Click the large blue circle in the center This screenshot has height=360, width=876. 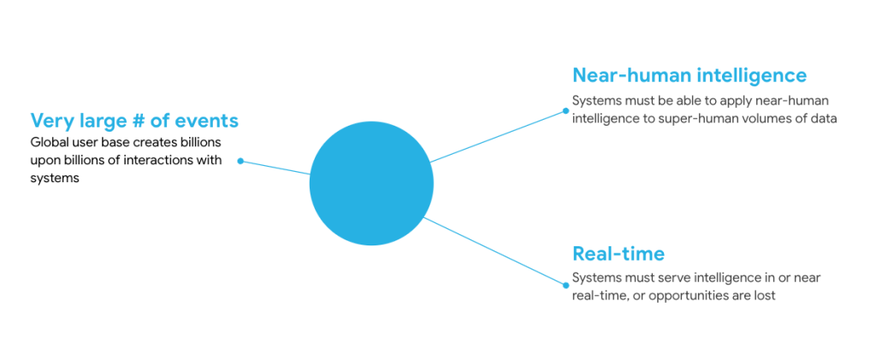(371, 183)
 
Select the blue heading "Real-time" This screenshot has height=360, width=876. (618, 253)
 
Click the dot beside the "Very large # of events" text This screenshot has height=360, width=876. (240, 161)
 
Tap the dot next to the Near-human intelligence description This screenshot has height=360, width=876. (565, 110)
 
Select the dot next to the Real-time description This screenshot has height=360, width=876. (565, 286)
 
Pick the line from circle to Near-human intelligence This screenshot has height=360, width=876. (496, 136)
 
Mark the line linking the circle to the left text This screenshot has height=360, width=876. (275, 168)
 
